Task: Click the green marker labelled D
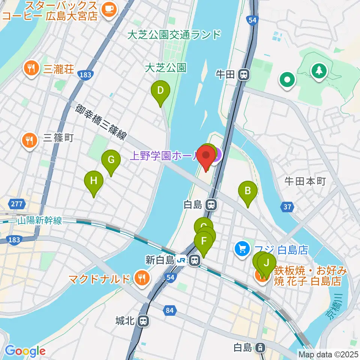160,91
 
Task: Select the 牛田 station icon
244,75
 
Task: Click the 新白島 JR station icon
194,260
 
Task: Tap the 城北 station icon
143,321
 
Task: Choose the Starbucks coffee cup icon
109,8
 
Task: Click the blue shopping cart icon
242,248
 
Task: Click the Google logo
25,351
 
